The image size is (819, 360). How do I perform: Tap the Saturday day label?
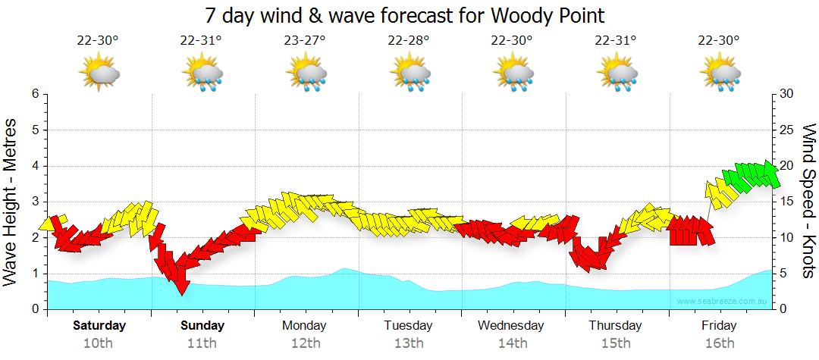[x=99, y=326]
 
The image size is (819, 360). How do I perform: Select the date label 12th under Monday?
[x=305, y=343]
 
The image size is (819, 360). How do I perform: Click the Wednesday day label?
[x=511, y=326]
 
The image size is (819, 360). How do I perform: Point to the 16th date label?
[x=718, y=343]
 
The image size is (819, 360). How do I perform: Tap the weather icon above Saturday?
[x=99, y=74]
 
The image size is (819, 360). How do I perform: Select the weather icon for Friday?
[x=718, y=74]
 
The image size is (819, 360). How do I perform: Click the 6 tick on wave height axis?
[x=34, y=94]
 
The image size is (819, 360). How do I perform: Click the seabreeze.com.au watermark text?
[x=723, y=302]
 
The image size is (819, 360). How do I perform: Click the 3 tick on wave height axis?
[x=34, y=202]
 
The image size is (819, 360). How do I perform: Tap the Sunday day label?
[x=202, y=326]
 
